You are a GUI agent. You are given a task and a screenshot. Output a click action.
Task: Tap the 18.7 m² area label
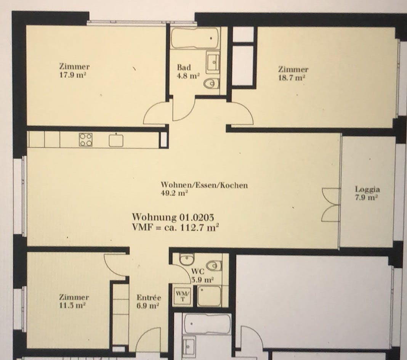[x=293, y=77]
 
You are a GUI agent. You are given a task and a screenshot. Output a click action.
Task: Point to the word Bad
[x=184, y=67]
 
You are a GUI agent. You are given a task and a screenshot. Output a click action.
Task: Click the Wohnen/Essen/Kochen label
[x=204, y=185]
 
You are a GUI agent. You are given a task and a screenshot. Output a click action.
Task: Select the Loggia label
[x=367, y=189]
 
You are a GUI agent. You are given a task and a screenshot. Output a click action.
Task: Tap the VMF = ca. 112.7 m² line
[x=175, y=228]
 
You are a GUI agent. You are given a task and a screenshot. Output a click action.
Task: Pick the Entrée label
[x=149, y=298]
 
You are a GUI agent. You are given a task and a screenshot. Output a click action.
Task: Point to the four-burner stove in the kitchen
[x=85, y=140]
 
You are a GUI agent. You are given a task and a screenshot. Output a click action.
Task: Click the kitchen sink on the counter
[x=116, y=140]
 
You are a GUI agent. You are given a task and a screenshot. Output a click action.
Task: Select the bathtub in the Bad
[x=195, y=38]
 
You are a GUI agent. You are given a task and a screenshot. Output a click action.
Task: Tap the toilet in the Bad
[x=212, y=83]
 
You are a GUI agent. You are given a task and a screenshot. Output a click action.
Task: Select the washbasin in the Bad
[x=213, y=62]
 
